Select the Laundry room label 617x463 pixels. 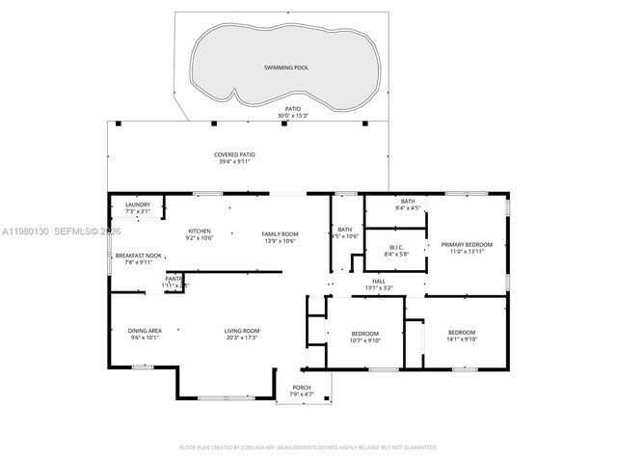tap(138, 204)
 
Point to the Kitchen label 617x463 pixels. tap(199, 231)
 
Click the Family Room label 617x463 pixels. tap(281, 234)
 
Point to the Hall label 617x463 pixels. tap(379, 281)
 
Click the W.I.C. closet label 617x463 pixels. tap(396, 248)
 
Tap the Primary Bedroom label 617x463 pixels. tap(467, 245)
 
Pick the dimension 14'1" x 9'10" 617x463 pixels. tap(462, 340)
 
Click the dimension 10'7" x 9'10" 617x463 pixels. tap(366, 340)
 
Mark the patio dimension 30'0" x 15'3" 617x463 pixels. tap(291, 116)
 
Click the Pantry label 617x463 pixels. tap(175, 279)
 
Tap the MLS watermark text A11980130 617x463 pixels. tap(30, 232)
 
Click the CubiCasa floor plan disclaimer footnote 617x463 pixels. tap(308, 448)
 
